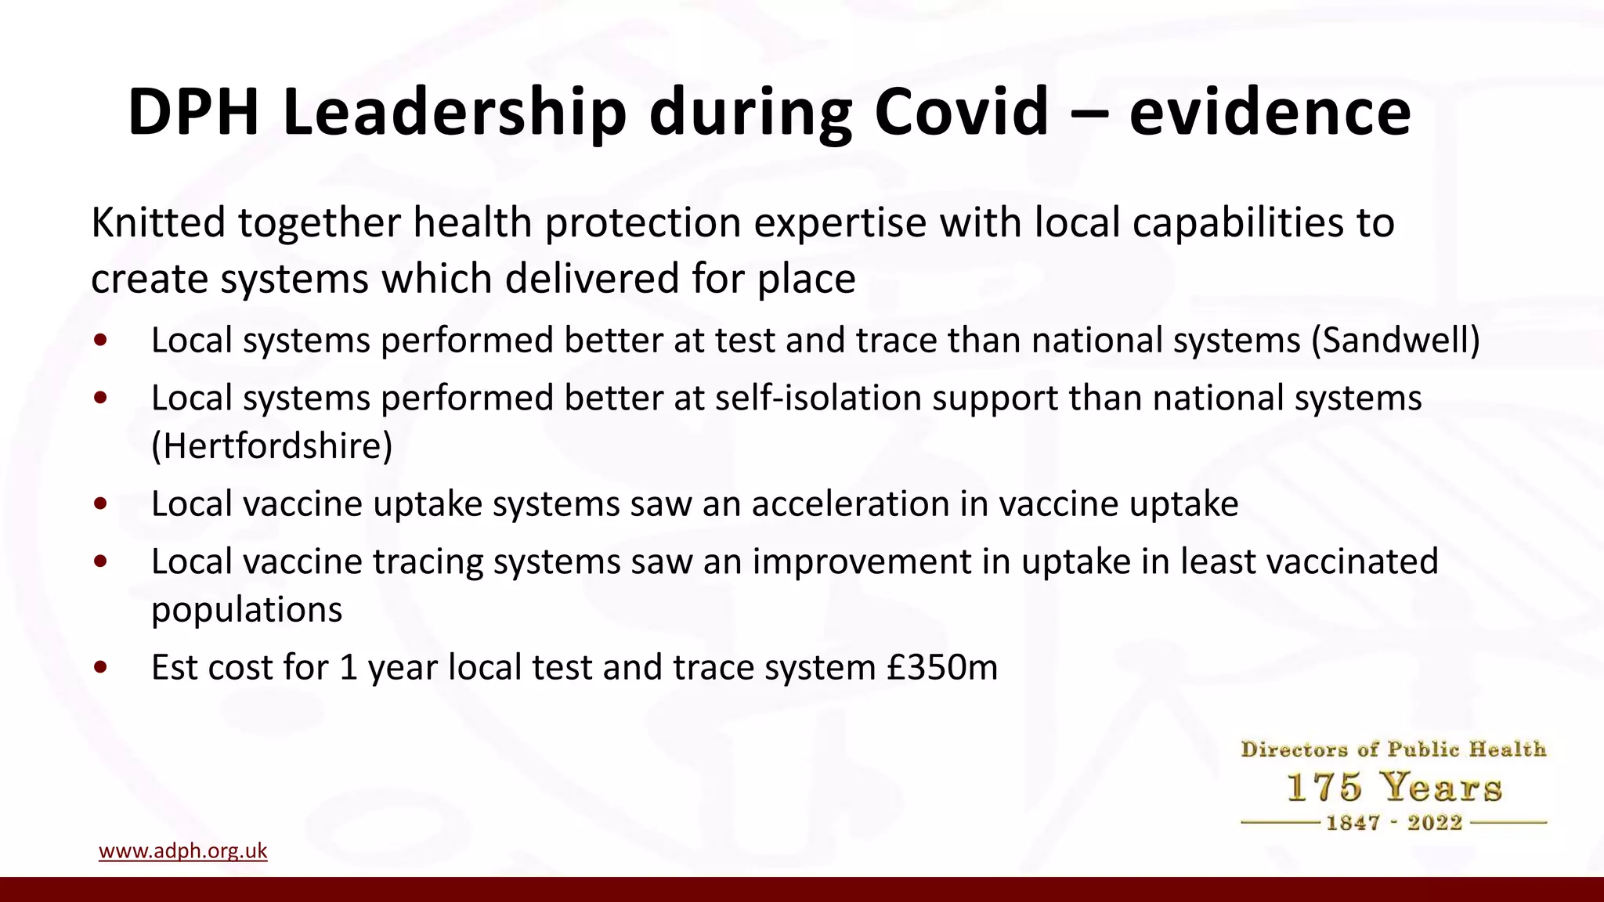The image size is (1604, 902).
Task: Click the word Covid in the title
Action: click(960, 112)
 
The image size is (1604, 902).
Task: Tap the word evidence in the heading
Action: click(1270, 112)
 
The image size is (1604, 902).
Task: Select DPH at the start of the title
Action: click(193, 112)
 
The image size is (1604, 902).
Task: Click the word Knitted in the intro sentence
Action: click(158, 222)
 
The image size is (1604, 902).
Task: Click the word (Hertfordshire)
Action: click(272, 446)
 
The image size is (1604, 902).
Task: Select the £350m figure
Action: click(942, 668)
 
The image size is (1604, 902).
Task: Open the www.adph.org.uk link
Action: click(182, 851)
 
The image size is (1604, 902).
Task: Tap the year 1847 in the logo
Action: click(1353, 823)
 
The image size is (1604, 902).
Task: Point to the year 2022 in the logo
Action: click(1435, 823)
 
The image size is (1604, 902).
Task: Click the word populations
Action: click(247, 610)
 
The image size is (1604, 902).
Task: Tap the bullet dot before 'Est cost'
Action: click(100, 668)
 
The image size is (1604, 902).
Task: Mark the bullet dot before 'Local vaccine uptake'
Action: click(100, 504)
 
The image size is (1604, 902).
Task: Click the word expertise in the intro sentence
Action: click(840, 222)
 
